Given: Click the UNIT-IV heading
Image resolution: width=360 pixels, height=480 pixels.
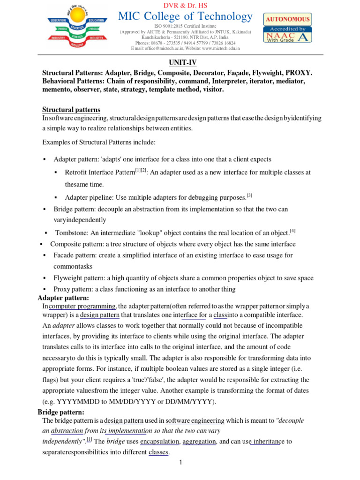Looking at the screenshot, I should (x=180, y=62).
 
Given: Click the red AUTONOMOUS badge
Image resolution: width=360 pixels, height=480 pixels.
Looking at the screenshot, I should (x=288, y=19).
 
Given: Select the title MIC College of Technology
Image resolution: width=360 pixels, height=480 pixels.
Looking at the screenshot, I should (x=185, y=17).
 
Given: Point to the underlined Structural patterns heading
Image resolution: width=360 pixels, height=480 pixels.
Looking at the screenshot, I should (x=71, y=110).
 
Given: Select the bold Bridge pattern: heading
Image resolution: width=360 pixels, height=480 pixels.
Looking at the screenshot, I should (x=60, y=412).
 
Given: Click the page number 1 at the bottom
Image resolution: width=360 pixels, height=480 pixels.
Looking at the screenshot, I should (x=180, y=463).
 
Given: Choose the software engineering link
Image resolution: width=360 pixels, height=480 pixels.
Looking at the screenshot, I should (x=195, y=420).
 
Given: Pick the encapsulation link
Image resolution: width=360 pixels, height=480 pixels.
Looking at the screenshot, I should (x=159, y=441).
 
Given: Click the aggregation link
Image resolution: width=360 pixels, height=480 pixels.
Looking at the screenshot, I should (x=199, y=441).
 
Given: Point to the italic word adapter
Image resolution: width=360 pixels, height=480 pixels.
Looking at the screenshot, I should (x=62, y=326).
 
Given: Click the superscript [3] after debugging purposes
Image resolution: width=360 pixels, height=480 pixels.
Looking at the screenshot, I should (x=249, y=195).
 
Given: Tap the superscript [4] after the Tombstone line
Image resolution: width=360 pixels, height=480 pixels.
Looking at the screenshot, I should (x=292, y=231).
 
